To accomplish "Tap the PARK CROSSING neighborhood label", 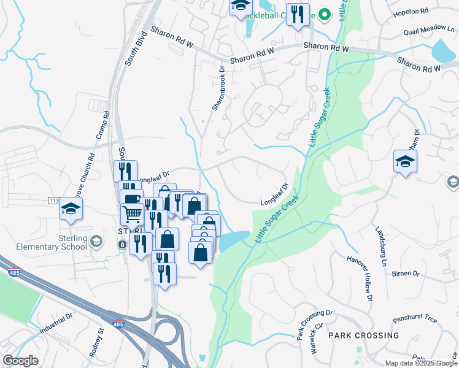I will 363,335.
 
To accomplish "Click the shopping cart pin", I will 133,215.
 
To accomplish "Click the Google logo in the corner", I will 20,361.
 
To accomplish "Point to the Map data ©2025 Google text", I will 420,363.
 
